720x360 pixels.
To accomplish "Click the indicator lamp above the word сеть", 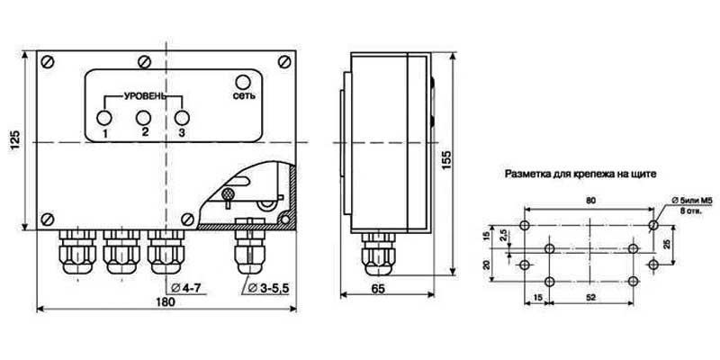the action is (242, 82).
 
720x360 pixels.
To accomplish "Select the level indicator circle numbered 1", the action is (104, 118).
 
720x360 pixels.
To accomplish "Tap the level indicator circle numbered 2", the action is (144, 118).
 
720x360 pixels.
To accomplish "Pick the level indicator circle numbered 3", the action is (183, 118).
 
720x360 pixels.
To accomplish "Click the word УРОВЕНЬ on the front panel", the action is (144, 97).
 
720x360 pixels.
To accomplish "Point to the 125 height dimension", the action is (15, 140).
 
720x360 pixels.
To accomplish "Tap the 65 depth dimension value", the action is (378, 288).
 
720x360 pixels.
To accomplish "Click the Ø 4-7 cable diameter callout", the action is (185, 288).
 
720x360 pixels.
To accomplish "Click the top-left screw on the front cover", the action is (48, 61).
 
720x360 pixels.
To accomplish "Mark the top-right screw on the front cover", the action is (284, 61).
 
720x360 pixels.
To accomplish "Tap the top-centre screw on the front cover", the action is (145, 61).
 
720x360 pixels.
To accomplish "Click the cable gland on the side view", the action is (378, 254).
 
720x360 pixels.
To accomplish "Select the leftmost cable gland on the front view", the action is (77, 252).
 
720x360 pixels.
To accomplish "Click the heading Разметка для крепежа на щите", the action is (580, 175).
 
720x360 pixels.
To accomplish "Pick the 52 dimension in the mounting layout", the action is (591, 298).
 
